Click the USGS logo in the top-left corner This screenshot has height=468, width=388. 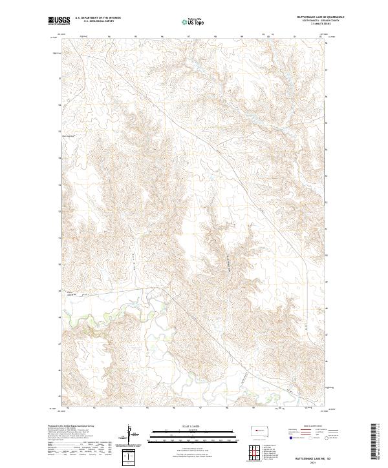[x=57, y=21]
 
